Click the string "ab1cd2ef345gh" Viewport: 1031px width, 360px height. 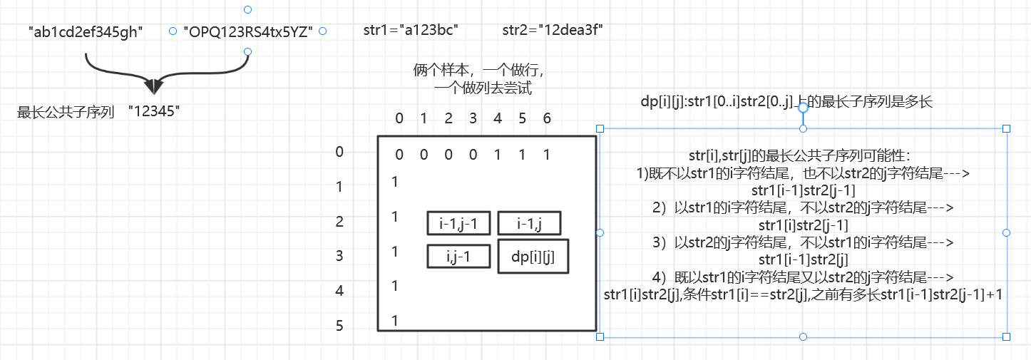click(x=86, y=31)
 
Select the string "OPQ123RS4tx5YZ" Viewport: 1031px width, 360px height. click(x=248, y=31)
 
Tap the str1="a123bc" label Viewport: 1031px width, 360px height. click(x=410, y=30)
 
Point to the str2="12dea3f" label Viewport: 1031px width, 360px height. click(x=553, y=30)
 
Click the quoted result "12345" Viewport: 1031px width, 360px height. click(x=155, y=111)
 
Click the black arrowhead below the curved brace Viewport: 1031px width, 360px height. click(x=153, y=86)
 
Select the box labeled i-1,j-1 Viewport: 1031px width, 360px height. click(x=458, y=223)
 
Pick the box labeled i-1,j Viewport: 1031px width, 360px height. click(x=529, y=223)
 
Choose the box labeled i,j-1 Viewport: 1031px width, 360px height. click(x=458, y=256)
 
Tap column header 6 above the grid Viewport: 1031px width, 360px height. click(x=547, y=118)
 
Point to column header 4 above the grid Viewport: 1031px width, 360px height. click(x=498, y=118)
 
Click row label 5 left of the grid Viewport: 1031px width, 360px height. click(x=339, y=326)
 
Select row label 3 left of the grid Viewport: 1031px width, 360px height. click(x=339, y=256)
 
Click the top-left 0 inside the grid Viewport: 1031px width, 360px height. click(x=399, y=155)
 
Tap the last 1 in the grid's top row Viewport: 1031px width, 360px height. click(x=547, y=155)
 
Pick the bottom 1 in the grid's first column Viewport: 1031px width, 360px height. click(x=395, y=321)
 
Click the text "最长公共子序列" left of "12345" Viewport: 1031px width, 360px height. click(x=66, y=112)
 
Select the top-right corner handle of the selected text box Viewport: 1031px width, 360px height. click(x=1007, y=128)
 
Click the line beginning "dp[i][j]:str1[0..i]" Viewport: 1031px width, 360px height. click(x=786, y=103)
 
